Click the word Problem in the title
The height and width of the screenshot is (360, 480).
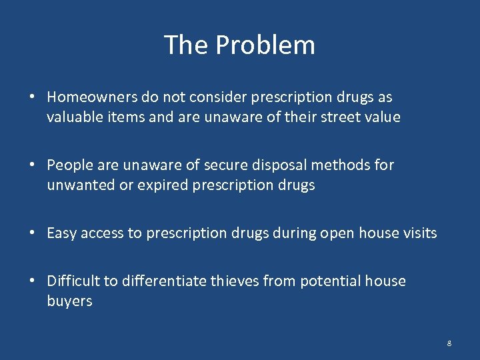click(265, 45)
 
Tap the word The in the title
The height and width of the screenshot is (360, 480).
click(187, 45)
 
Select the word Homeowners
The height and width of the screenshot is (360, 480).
click(93, 97)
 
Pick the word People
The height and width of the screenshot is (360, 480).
click(67, 165)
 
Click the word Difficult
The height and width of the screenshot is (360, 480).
click(74, 281)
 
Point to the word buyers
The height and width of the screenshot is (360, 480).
click(69, 301)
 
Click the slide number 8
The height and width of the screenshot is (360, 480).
click(449, 343)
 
